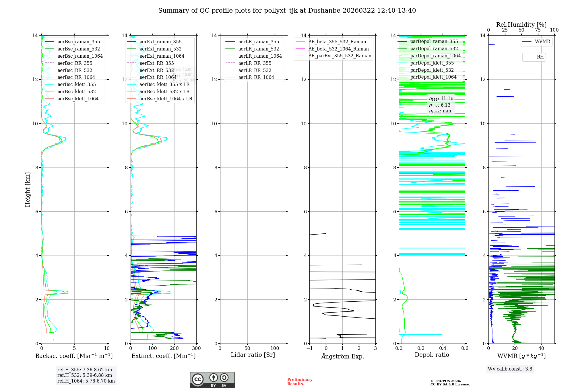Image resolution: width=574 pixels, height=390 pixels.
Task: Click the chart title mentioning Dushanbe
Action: click(x=287, y=11)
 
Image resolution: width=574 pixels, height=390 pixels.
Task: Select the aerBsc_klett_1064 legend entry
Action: click(x=78, y=99)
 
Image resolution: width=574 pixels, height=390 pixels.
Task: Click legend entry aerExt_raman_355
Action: click(x=160, y=42)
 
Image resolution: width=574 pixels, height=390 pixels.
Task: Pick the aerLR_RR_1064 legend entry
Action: click(x=256, y=77)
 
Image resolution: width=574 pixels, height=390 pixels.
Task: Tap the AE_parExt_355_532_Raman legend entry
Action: click(x=340, y=56)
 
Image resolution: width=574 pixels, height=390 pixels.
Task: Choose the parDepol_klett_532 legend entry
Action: click(x=432, y=70)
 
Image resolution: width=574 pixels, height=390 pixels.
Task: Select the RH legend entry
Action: click(x=540, y=57)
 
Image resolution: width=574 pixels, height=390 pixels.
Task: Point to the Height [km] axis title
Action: click(x=28, y=189)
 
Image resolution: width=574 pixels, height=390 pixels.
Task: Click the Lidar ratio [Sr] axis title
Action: click(x=253, y=355)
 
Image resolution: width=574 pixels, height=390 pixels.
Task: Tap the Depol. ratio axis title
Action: click(x=432, y=355)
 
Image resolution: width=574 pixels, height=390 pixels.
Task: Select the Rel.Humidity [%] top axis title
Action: click(x=521, y=25)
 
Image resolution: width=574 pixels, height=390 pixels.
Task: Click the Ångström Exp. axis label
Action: click(x=342, y=356)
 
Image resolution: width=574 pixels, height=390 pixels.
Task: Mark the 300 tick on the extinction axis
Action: click(x=196, y=348)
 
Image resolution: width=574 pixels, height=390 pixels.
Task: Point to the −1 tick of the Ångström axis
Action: click(x=309, y=348)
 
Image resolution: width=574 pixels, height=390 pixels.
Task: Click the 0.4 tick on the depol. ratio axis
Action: click(x=443, y=348)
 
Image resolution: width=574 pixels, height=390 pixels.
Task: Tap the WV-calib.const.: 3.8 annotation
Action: click(x=510, y=369)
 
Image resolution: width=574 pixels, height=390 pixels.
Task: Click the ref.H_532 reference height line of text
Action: click(x=85, y=375)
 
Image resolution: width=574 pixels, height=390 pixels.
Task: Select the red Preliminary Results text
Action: click(x=300, y=382)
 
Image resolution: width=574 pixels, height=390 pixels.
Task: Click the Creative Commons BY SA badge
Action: click(x=212, y=380)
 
